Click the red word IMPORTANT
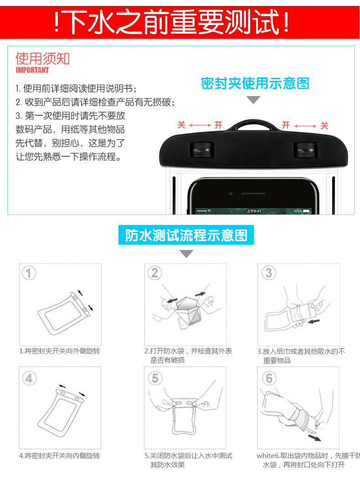point(32,70)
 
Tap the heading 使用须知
point(42,58)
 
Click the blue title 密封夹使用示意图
point(255,83)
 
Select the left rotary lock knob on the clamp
point(202,149)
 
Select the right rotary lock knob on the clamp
point(305,149)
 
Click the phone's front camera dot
point(231,194)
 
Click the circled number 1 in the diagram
point(29,273)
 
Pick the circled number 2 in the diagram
point(155,272)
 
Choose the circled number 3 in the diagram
point(269,272)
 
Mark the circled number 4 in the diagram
point(29,378)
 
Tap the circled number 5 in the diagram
point(155,378)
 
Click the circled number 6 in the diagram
point(269,378)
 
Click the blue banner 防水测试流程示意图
point(186,235)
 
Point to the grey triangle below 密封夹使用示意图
point(253,99)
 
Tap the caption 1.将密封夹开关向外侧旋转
point(59,351)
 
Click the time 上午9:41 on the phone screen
point(254,211)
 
